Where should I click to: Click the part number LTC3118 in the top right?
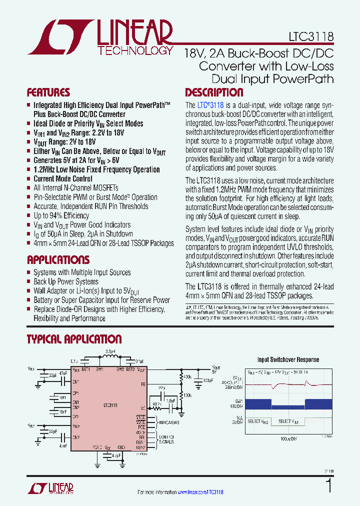(310, 37)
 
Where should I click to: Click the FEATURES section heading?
(48, 92)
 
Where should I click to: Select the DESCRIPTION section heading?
(214, 92)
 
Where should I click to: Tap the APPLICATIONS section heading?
(58, 260)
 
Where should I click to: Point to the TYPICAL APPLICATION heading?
(74, 339)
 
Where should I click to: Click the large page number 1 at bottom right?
(328, 486)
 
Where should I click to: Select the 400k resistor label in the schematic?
(187, 376)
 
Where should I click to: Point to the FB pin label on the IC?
(143, 384)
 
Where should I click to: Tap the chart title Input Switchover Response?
(288, 359)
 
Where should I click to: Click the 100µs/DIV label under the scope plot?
(290, 438)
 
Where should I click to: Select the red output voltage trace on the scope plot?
(290, 386)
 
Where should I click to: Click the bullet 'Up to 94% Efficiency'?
(61, 215)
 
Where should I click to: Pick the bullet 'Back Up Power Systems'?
(65, 281)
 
